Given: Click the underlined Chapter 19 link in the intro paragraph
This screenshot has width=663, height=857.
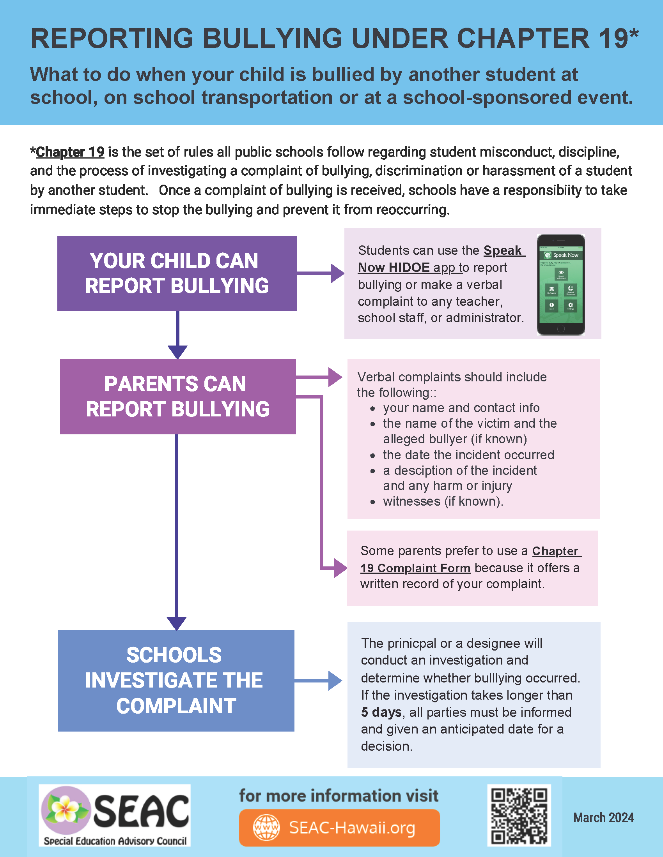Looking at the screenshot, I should [70, 152].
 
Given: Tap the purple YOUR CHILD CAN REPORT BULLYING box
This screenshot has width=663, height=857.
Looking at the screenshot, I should [177, 273].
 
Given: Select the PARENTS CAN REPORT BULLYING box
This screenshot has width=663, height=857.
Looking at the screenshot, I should [177, 396].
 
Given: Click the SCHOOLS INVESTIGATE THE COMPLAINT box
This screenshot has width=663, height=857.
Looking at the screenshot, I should [176, 681].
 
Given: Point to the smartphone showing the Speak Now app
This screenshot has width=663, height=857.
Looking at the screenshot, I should [560, 284].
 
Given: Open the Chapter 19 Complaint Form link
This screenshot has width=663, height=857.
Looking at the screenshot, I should [416, 568].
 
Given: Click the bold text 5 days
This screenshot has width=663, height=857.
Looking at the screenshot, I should [381, 712].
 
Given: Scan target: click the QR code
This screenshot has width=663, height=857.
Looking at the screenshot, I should [519, 815].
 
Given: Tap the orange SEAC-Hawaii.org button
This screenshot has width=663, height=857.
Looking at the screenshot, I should [339, 827].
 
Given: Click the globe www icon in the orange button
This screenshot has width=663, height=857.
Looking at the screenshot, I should [266, 827].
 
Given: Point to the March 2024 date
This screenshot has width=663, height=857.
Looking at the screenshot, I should [603, 817].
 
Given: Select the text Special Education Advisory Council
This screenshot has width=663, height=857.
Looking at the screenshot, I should [115, 841].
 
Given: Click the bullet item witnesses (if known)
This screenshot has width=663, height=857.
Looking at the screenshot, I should [443, 501].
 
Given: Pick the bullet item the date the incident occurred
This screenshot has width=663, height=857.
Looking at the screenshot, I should [468, 455].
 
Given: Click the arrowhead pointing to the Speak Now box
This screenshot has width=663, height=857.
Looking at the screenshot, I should [337, 273].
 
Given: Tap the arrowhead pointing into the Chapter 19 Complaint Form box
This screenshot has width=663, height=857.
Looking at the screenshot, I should [340, 568].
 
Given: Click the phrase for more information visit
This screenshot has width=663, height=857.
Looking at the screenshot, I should [339, 796].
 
